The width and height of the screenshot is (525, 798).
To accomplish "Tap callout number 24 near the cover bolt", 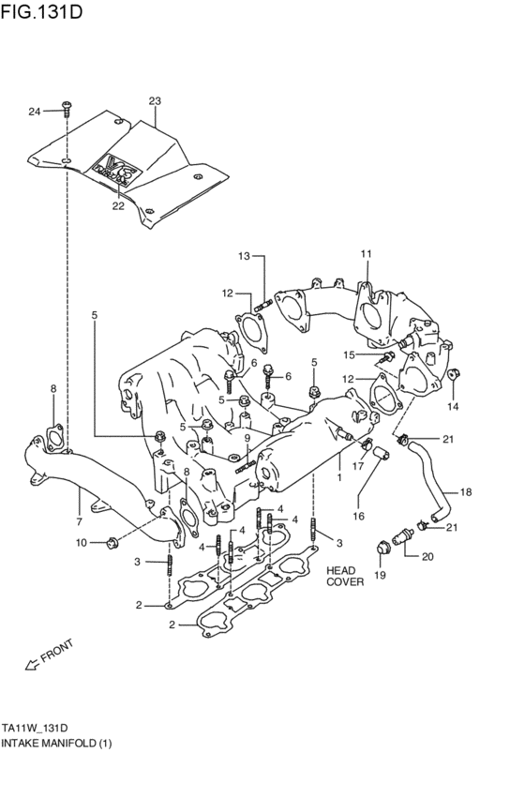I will (34, 112).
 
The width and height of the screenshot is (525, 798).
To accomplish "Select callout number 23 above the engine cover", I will (155, 100).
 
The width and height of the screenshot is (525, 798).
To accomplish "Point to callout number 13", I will (244, 256).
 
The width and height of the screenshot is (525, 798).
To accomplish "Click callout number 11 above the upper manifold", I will (367, 253).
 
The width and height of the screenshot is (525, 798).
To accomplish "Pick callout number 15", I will (348, 354).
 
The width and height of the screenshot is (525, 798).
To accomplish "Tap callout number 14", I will (453, 406).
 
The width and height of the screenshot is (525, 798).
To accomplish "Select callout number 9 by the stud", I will (247, 437).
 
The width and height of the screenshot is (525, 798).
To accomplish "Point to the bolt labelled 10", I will (112, 541).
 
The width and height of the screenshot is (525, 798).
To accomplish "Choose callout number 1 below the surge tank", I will (338, 476).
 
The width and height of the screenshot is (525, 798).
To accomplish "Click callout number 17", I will (358, 466).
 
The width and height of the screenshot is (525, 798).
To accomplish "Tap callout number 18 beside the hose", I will (466, 491).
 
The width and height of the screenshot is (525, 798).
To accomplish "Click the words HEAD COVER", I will (344, 575).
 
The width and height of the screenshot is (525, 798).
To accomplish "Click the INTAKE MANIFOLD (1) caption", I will (56, 743).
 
